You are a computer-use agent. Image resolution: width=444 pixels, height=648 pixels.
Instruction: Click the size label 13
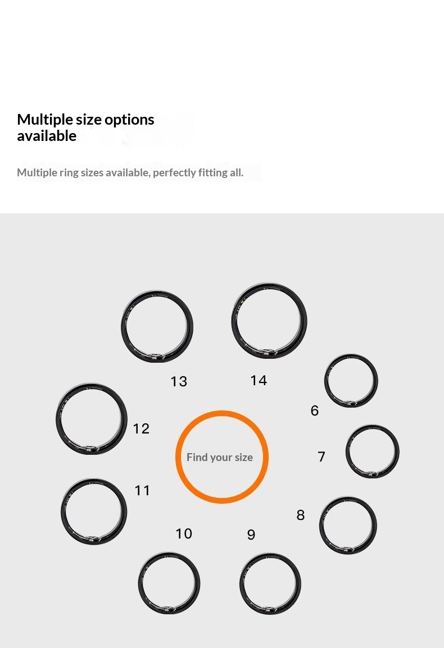[179, 381]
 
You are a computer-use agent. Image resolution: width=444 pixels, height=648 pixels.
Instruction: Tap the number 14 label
[259, 380]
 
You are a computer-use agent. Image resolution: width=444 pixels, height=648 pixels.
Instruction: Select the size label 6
[315, 410]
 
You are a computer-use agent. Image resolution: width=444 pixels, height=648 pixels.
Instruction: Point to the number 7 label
[321, 457]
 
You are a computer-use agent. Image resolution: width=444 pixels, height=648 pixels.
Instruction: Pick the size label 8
[301, 515]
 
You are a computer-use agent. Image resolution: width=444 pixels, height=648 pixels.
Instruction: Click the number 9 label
[251, 535]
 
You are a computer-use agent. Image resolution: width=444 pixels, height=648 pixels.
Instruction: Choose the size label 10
[184, 533]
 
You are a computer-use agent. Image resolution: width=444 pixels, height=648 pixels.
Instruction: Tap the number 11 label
[142, 491]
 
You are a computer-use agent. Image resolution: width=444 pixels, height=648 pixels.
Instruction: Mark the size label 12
[141, 428]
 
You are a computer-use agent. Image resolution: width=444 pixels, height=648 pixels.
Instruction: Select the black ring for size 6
[375, 381]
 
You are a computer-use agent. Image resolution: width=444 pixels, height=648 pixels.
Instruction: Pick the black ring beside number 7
[397, 451]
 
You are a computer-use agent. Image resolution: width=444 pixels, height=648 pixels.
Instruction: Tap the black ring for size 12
[124, 419]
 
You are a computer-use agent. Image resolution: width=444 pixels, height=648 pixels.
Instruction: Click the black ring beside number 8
[374, 525]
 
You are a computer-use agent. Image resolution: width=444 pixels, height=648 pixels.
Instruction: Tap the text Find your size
[220, 458]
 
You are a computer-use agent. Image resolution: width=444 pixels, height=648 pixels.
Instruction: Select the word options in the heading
[129, 120]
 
